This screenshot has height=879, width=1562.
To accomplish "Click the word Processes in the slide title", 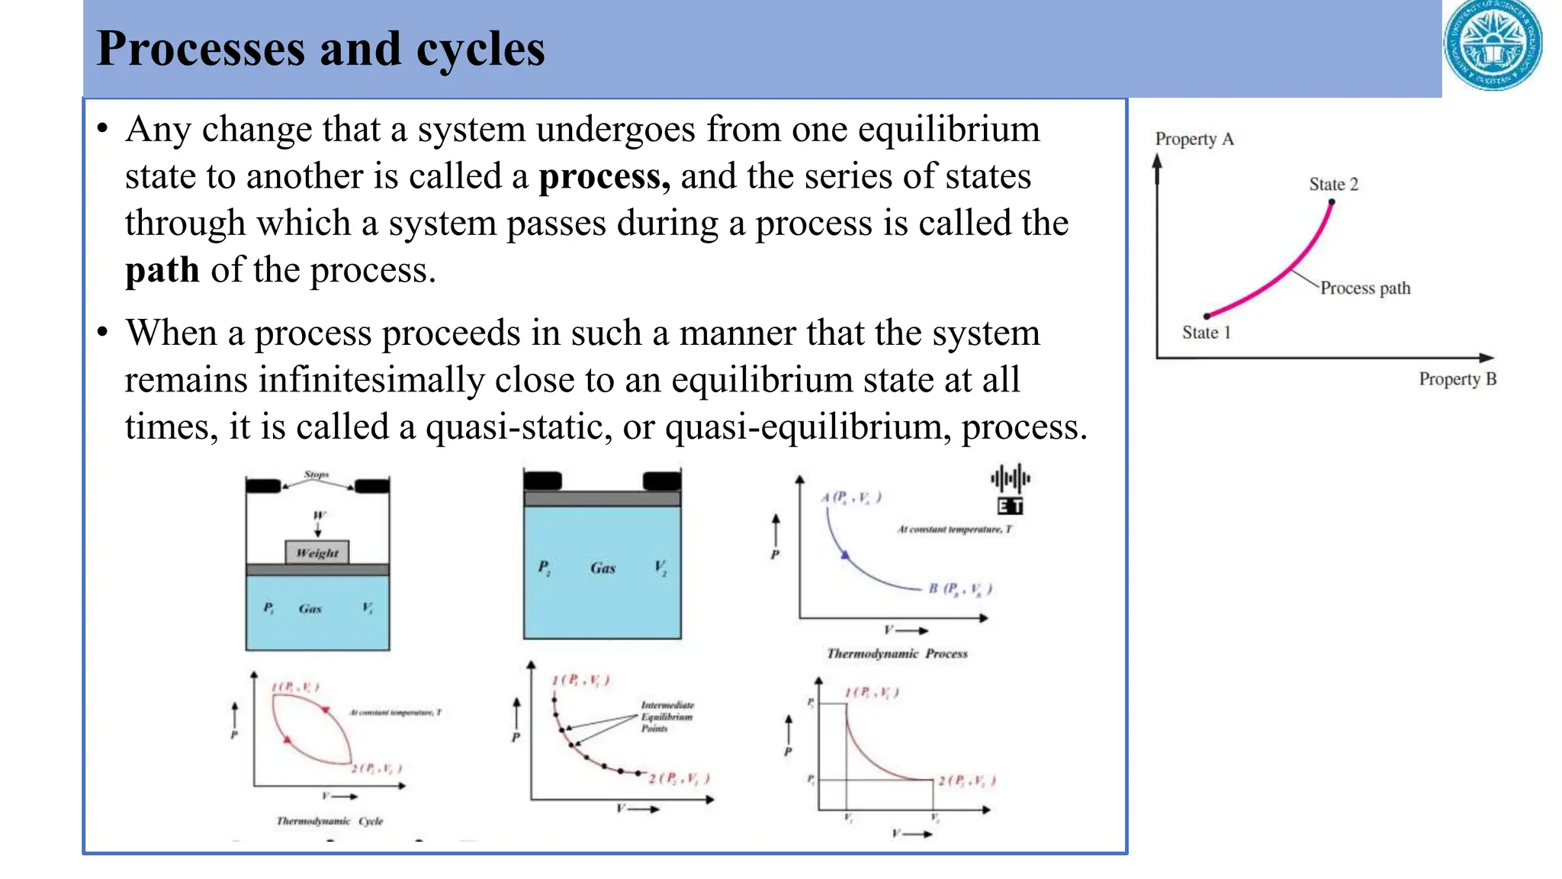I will pos(201,49).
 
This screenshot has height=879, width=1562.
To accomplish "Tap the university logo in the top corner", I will pos(1493,45).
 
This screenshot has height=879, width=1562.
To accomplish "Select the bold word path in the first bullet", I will pos(162,271).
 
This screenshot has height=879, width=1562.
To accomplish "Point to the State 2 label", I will pos(1333,185).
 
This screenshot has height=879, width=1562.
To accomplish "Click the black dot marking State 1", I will pos(1207,316).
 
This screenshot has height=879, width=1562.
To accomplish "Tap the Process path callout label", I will pos(1365,288).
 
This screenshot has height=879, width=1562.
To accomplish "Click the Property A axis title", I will pos(1194,139).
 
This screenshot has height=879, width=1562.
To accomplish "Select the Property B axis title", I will pos(1457,379).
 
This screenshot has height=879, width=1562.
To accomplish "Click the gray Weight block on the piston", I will pos(317,552).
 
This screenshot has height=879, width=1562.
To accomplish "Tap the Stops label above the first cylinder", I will pos(317,475).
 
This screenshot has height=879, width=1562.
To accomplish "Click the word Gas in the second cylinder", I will pos(603,568).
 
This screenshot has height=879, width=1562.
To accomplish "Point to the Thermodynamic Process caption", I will pos(897,654).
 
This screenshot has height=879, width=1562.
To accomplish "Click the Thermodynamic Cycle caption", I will pos(329,821).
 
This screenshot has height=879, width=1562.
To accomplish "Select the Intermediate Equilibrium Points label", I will pos(667,716).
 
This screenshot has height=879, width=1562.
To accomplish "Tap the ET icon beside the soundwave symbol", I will pos(1010,506).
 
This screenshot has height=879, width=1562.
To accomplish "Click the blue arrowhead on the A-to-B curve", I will pos(844,555).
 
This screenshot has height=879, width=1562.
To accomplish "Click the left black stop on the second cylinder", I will pos(542,481).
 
